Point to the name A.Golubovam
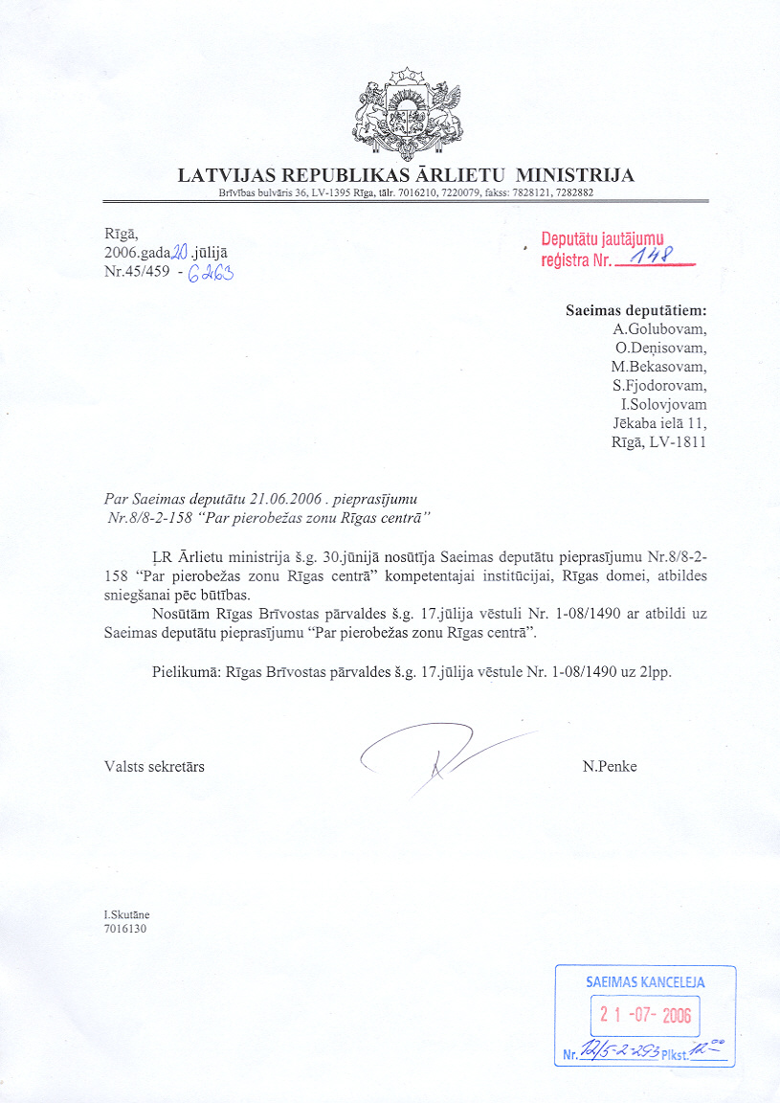click(659, 328)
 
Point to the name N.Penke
click(610, 766)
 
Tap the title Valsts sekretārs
click(154, 766)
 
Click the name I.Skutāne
click(126, 914)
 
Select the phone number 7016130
click(124, 928)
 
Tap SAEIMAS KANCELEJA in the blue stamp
click(645, 982)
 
